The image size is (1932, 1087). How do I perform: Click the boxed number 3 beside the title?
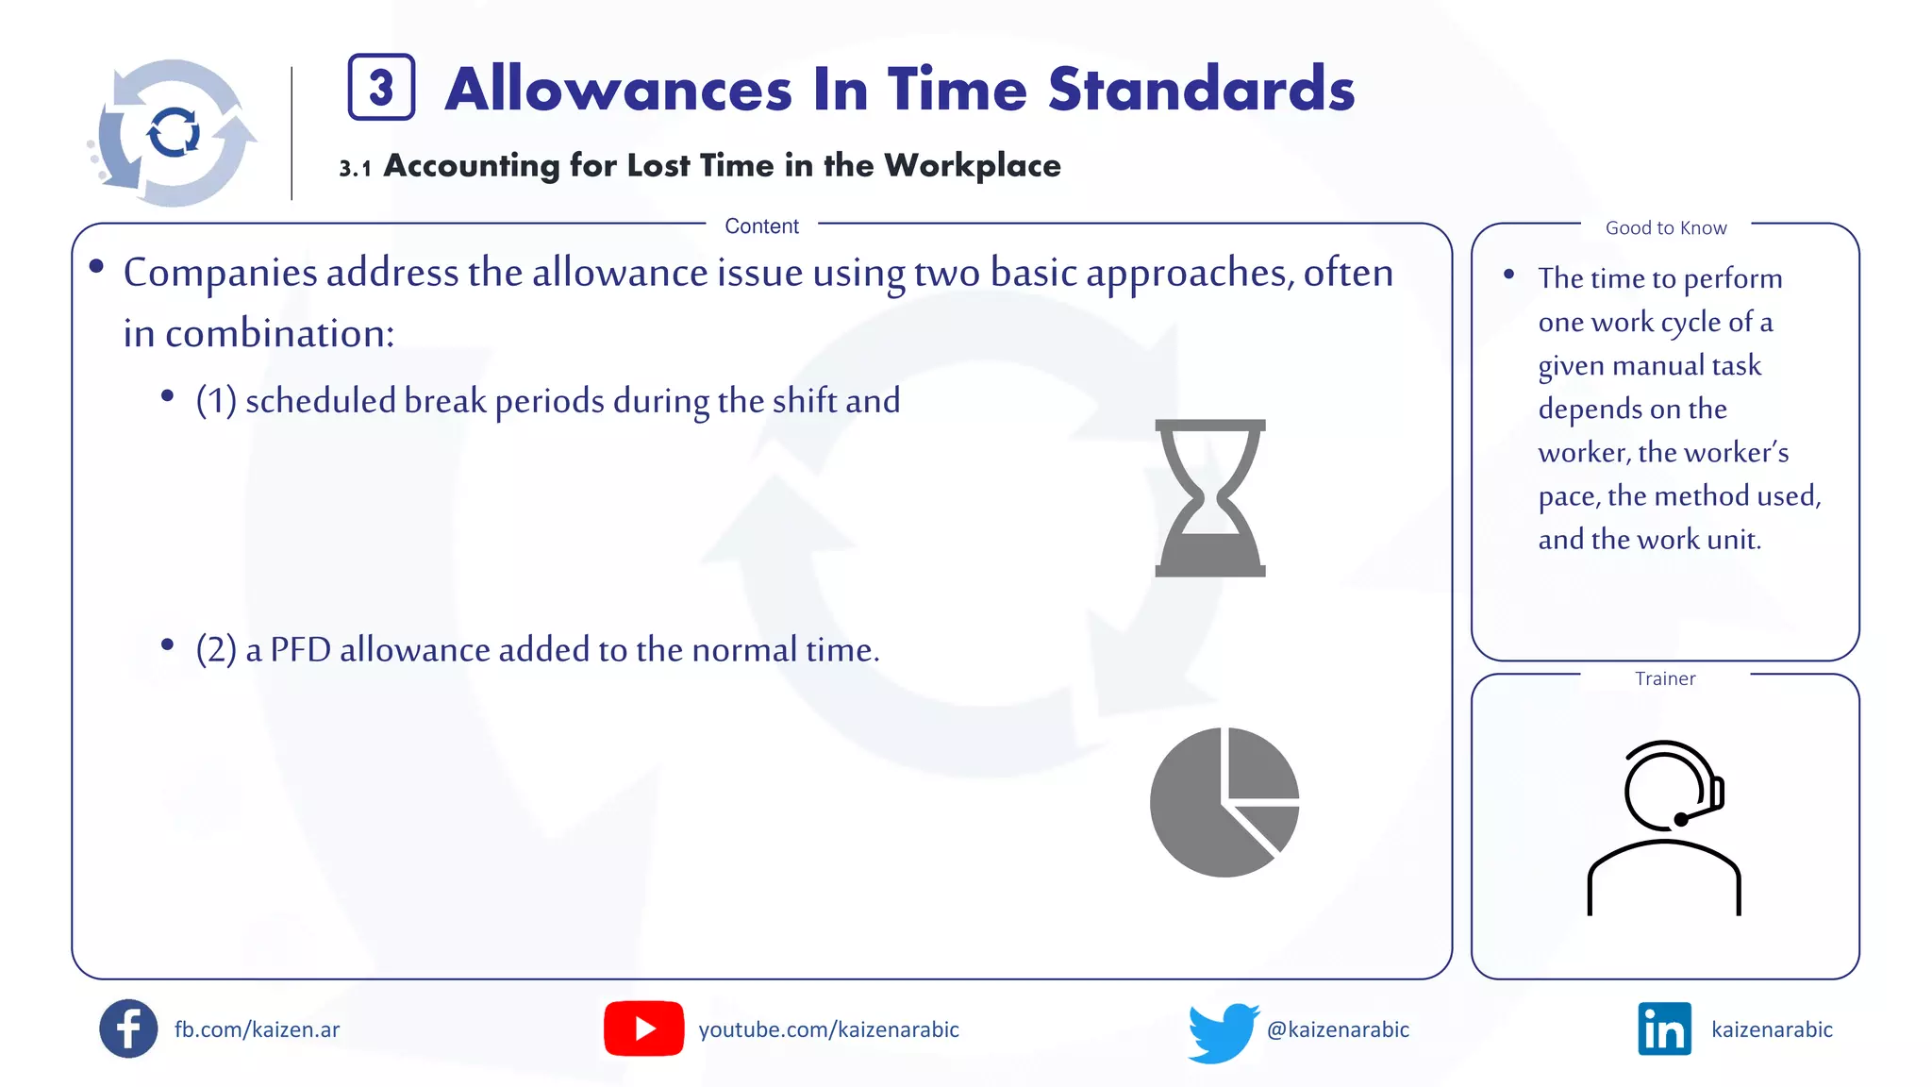[381, 88]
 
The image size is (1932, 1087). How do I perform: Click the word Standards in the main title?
[1201, 90]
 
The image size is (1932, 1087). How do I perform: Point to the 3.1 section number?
[355, 169]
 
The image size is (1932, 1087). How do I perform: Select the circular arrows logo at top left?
[174, 133]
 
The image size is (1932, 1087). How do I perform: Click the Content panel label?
[761, 226]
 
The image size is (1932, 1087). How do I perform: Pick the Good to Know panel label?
[1666, 228]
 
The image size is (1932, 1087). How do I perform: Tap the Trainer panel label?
[1665, 678]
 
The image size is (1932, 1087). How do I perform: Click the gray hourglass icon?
[1210, 498]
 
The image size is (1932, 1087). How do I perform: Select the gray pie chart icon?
[1224, 802]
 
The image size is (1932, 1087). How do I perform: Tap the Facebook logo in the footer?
[128, 1028]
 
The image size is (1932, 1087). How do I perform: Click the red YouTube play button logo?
[644, 1028]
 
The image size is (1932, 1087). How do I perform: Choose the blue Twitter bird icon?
[1223, 1032]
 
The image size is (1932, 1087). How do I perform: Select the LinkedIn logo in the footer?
[1664, 1029]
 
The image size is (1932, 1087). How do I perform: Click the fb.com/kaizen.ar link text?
[257, 1029]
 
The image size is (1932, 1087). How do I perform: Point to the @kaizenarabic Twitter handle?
[1338, 1029]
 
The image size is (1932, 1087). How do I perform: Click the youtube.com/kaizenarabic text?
[828, 1029]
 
